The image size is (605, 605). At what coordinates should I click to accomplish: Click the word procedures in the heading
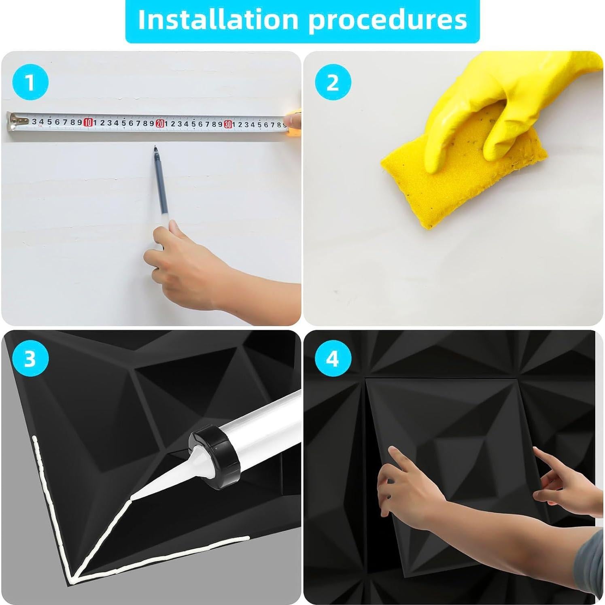(x=387, y=19)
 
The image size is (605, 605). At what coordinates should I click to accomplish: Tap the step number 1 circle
(x=30, y=83)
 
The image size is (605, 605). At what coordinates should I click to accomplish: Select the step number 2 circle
(x=333, y=83)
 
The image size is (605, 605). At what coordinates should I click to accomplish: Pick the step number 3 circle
(x=30, y=359)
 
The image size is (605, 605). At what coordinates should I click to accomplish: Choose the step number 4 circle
(x=333, y=359)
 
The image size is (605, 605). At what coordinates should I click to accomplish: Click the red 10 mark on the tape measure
(x=88, y=122)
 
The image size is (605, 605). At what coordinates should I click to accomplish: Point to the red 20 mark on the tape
(x=160, y=123)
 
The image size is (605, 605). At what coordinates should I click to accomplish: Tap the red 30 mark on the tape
(x=228, y=124)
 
